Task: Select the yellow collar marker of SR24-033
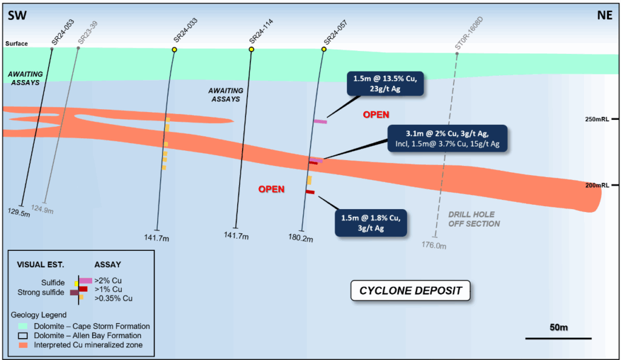(174, 50)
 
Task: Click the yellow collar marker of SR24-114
(251, 49)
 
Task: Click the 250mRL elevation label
(600, 119)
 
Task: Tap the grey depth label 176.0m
(435, 245)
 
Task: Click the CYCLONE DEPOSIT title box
(411, 291)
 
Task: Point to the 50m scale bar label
(558, 327)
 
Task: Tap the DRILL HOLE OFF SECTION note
(474, 219)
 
